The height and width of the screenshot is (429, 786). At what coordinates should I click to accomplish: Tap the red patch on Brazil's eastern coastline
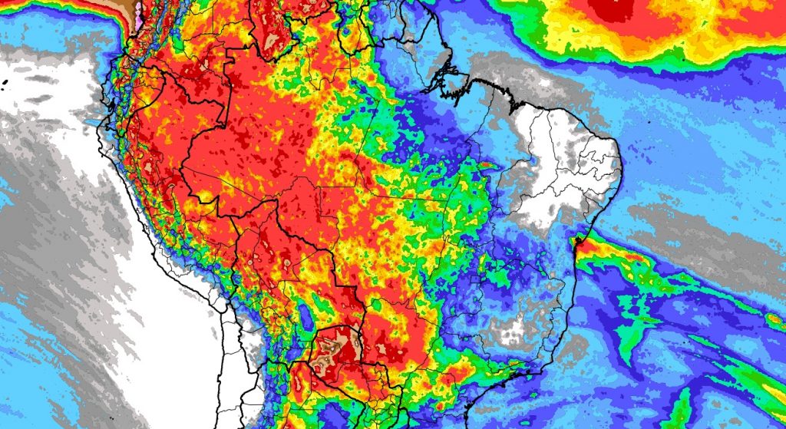(579, 243)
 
